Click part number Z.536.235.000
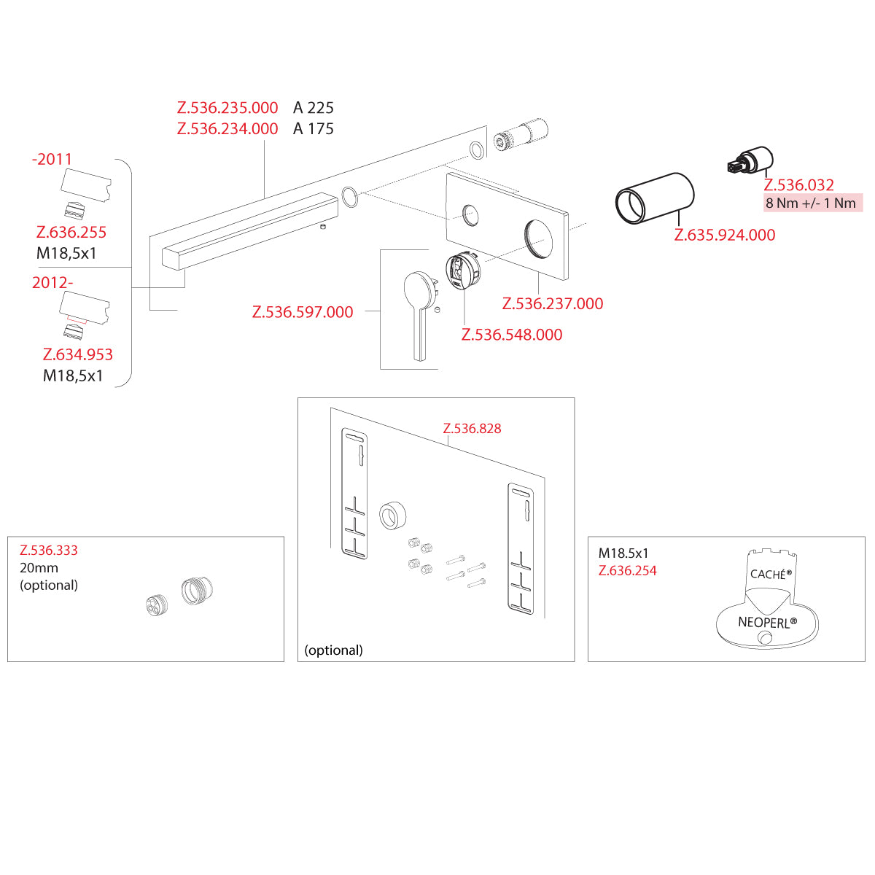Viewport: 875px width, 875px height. (227, 108)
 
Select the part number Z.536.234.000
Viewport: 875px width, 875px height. (227, 129)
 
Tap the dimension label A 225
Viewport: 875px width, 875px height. (314, 108)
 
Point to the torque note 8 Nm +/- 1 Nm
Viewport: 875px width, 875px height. (811, 203)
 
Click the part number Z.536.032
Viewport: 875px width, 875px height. (799, 185)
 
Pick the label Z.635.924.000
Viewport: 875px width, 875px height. (725, 235)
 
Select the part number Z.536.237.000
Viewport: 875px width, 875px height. (553, 303)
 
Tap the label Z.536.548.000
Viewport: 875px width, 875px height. (512, 335)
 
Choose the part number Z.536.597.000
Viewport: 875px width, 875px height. (303, 312)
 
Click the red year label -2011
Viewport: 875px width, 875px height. (52, 159)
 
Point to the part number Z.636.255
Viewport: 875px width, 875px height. (71, 233)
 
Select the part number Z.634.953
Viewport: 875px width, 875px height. (78, 355)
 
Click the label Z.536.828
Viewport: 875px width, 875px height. (472, 429)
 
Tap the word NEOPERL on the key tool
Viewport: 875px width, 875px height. (767, 623)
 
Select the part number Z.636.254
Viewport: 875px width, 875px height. (628, 571)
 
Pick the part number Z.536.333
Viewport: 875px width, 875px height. (49, 551)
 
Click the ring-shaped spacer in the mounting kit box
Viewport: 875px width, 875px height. (392, 516)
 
